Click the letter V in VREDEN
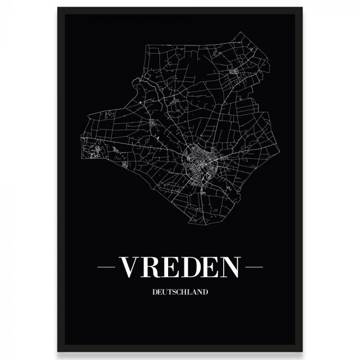(130, 266)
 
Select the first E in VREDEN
(175, 266)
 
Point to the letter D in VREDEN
(195, 266)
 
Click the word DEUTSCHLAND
(180, 293)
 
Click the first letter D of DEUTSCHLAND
(154, 293)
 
